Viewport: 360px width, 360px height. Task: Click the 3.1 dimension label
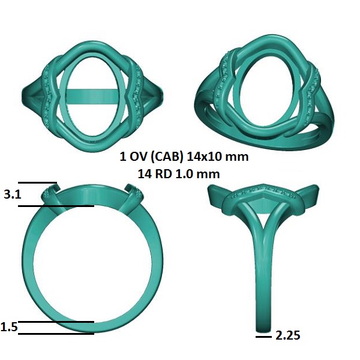coord(13,194)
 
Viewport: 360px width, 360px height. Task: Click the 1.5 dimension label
coord(9,327)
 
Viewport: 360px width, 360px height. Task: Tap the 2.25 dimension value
coord(287,335)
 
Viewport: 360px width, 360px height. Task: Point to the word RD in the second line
coord(164,174)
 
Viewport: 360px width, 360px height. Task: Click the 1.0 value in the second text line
coord(183,174)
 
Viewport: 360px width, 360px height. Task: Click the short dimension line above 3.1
coord(37,183)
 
